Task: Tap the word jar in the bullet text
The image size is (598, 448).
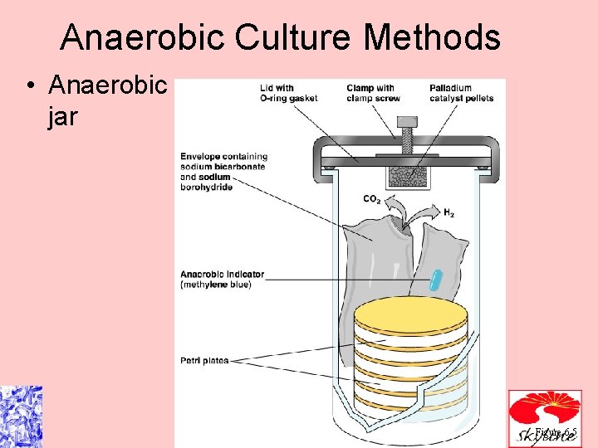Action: (63, 116)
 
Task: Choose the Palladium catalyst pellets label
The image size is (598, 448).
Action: (461, 93)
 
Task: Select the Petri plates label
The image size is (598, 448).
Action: (204, 360)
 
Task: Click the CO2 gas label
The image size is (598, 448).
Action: (372, 199)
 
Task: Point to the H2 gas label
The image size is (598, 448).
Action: (448, 213)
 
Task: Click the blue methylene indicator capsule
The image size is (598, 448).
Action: (434, 280)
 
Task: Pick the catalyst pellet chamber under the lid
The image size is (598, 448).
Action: (405, 175)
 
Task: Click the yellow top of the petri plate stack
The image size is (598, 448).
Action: (404, 313)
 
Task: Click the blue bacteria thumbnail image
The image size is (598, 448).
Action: (21, 416)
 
